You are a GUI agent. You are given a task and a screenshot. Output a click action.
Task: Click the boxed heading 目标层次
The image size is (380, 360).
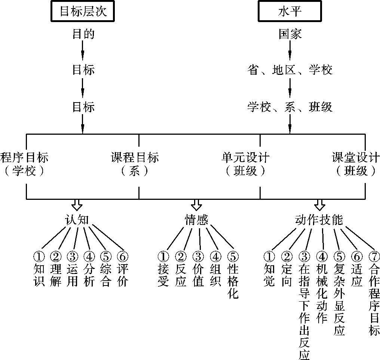pyautogui.click(x=82, y=12)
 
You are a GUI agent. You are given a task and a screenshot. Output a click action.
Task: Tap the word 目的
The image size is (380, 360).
pyautogui.click(x=83, y=34)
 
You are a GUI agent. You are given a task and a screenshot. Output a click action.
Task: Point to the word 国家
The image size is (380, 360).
pyautogui.click(x=290, y=34)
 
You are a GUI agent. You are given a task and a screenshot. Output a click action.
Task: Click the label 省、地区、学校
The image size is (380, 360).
pyautogui.click(x=290, y=70)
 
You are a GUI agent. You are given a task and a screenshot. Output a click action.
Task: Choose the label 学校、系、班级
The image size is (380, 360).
pyautogui.click(x=290, y=107)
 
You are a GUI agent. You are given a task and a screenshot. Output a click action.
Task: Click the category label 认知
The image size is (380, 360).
pyautogui.click(x=77, y=220)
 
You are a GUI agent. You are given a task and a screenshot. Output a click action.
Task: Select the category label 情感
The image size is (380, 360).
pyautogui.click(x=197, y=220)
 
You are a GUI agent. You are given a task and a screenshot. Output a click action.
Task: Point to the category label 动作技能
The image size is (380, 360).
pyautogui.click(x=319, y=220)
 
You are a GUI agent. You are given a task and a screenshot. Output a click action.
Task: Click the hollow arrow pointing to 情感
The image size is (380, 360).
pyautogui.click(x=196, y=205)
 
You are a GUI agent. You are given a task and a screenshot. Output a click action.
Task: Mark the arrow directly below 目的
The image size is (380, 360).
pyautogui.click(x=83, y=52)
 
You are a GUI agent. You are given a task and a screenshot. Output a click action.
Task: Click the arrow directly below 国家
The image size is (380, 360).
pyautogui.click(x=290, y=52)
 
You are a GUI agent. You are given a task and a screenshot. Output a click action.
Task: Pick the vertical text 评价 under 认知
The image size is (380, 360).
pyautogui.click(x=123, y=275)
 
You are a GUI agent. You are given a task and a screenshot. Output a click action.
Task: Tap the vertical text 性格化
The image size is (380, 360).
pyautogui.click(x=233, y=281)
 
